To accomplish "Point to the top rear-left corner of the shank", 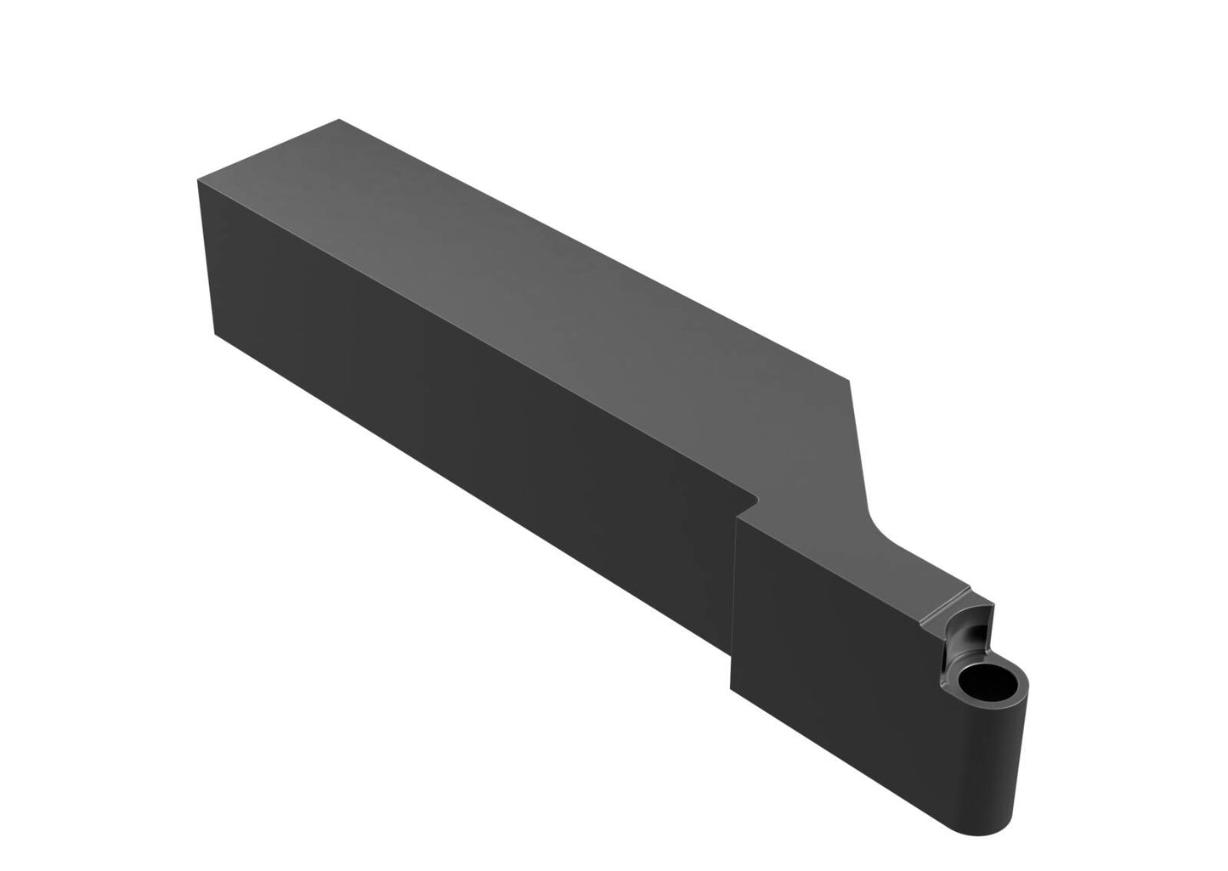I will [x=197, y=179].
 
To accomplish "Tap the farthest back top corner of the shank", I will [x=339, y=120].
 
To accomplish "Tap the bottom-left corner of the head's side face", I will [x=732, y=687].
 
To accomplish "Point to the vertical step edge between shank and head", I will [x=733, y=595].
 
